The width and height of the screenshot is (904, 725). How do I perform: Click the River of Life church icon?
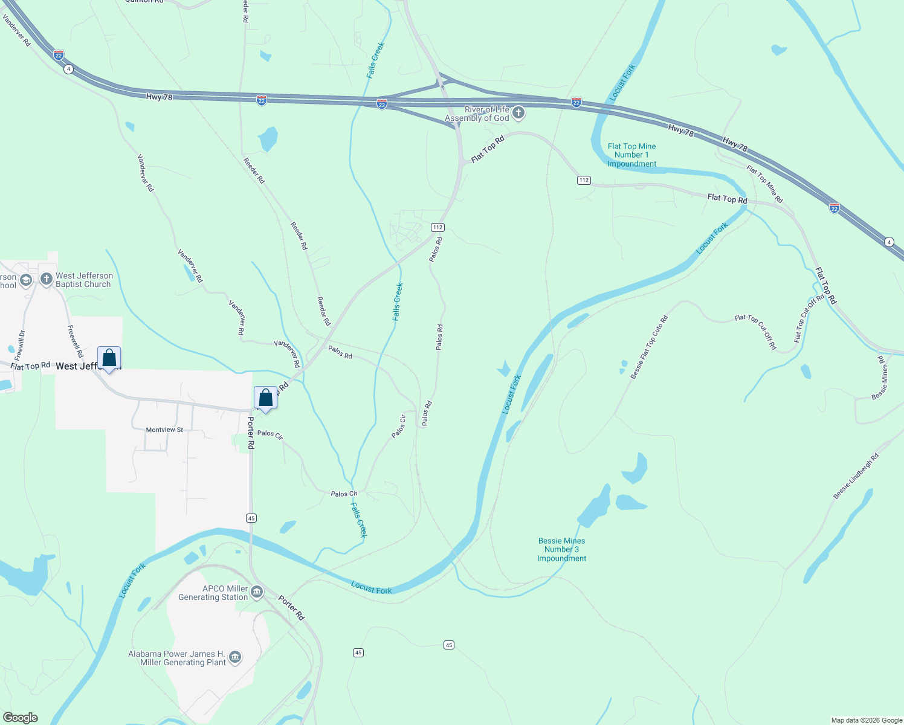[518, 112]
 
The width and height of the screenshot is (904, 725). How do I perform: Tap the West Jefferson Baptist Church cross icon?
[47, 279]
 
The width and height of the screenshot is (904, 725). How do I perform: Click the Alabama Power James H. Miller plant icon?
[235, 657]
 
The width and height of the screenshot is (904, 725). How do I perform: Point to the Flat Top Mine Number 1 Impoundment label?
[631, 155]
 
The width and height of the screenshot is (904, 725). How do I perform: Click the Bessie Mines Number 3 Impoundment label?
[561, 550]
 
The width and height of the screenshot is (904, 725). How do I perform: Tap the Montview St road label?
[164, 430]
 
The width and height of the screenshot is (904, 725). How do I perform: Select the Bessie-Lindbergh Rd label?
[856, 477]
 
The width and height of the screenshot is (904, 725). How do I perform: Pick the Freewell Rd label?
[75, 341]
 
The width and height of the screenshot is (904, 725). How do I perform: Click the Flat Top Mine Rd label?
[764, 184]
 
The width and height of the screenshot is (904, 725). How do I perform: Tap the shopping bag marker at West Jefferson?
[109, 358]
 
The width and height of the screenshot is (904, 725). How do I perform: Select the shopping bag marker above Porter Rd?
[265, 398]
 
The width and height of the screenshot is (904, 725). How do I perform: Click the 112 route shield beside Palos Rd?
[437, 227]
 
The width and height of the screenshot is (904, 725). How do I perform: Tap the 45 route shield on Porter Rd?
[251, 518]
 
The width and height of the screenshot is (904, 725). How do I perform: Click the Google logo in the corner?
[21, 718]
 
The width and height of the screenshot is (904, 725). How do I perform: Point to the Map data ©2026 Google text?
[867, 720]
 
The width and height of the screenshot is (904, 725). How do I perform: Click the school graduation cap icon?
[25, 280]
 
